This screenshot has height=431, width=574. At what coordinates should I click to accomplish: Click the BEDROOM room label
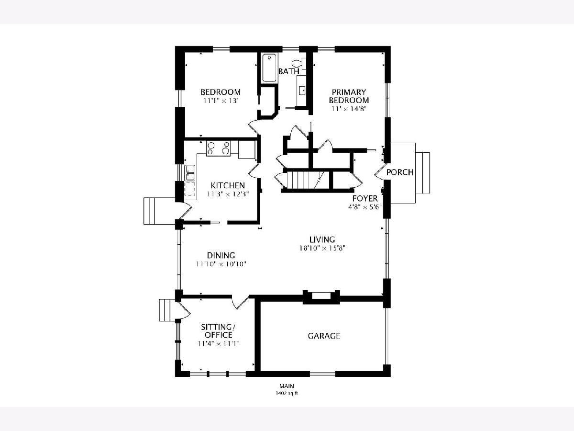point(221,92)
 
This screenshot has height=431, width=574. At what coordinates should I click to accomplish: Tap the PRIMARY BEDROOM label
point(349,96)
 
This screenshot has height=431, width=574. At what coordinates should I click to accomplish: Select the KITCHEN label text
point(228,185)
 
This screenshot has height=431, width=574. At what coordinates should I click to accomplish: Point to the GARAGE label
point(324,336)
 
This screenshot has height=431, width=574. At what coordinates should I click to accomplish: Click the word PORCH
point(400,172)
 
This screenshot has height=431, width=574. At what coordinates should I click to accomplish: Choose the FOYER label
point(365,198)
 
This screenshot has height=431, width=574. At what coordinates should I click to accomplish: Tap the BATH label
point(289,71)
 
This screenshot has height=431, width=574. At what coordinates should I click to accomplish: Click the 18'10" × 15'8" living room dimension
point(322,248)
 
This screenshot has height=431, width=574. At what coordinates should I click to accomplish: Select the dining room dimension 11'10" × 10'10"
point(221,264)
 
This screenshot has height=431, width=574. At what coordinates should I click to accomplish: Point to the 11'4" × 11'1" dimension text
point(219,343)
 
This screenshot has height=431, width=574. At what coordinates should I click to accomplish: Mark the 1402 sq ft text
point(287,393)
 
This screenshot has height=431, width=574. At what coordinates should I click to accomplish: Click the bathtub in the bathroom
point(269,68)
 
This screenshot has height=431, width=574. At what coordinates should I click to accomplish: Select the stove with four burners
point(218,148)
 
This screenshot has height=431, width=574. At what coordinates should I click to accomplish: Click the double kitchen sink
point(190,173)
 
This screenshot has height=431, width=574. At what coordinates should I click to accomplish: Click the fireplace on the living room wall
point(321,297)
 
